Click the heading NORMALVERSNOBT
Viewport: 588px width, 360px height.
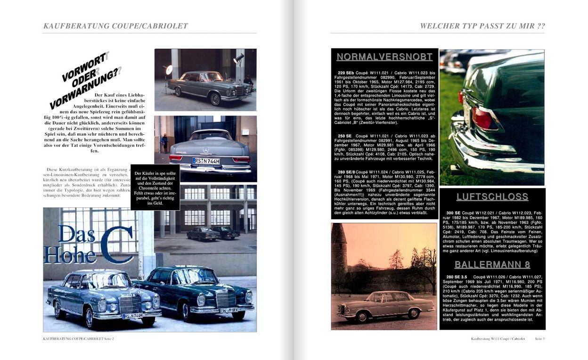[x=384, y=57]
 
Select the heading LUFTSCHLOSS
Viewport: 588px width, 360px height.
[x=492, y=197]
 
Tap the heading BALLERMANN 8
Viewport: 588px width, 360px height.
[x=492, y=264]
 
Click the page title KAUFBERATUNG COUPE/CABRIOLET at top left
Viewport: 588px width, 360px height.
[x=115, y=26]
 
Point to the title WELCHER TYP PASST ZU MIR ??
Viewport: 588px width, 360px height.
[x=482, y=26]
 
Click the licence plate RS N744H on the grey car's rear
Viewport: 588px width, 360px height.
[x=206, y=161]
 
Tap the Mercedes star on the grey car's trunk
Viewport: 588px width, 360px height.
[x=205, y=150]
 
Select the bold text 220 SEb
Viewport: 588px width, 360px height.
[x=346, y=73]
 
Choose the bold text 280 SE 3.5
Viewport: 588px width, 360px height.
[x=457, y=277]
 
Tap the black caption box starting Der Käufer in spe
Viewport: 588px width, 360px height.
[x=155, y=187]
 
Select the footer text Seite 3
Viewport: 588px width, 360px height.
[x=539, y=339]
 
